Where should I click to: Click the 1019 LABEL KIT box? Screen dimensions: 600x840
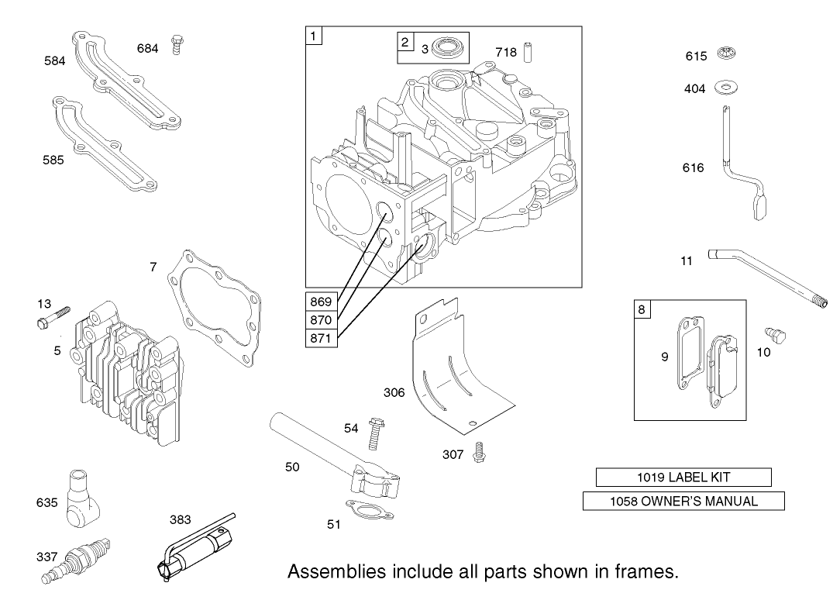pyautogui.click(x=683, y=477)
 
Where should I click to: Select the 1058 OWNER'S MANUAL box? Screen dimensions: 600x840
pyautogui.click(x=683, y=501)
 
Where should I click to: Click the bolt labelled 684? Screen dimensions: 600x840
pyautogui.click(x=178, y=45)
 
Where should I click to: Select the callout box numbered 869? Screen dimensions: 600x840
pyautogui.click(x=321, y=302)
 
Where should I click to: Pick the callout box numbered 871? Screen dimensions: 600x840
pyautogui.click(x=321, y=338)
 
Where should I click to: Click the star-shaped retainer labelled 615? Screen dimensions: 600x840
pyautogui.click(x=727, y=53)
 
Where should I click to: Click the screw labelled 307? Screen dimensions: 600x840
pyautogui.click(x=480, y=452)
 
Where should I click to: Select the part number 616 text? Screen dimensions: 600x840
pyautogui.click(x=694, y=167)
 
